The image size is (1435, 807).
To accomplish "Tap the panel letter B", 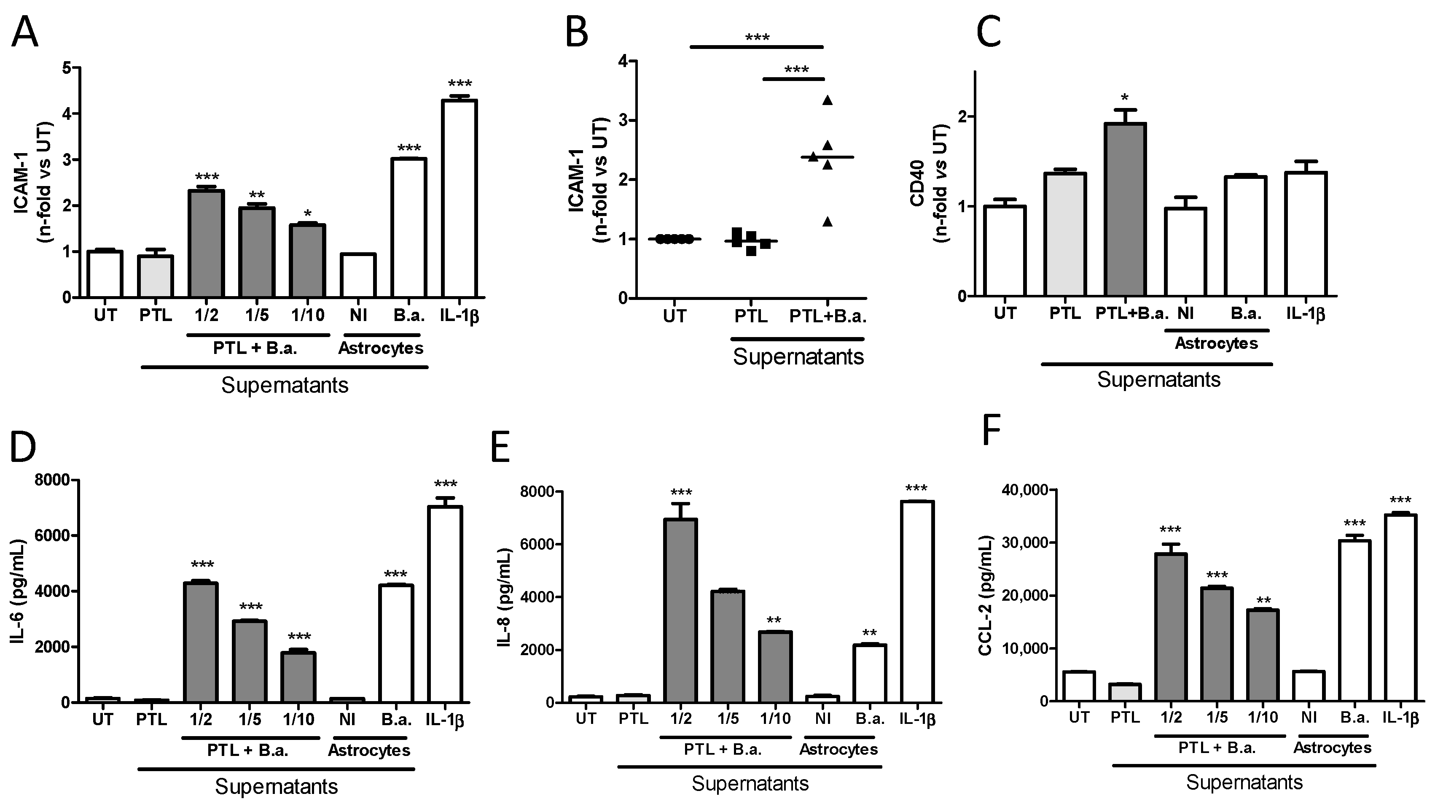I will click(577, 32).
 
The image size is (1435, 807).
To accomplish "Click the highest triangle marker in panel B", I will click(827, 100).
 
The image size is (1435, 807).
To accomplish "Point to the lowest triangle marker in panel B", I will click(827, 222).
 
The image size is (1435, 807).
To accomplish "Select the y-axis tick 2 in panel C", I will click(962, 117).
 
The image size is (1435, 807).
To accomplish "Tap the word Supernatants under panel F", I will click(1244, 782).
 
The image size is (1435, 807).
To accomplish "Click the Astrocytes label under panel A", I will click(381, 348).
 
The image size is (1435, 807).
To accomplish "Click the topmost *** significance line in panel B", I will click(756, 47).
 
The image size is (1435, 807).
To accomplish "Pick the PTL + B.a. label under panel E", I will click(723, 750).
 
